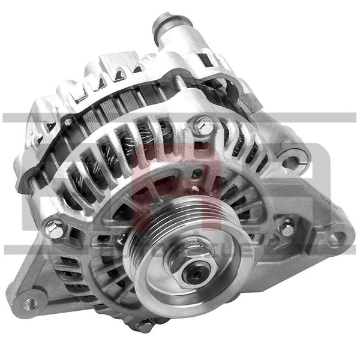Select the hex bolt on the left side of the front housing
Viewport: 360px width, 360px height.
tap(55, 227)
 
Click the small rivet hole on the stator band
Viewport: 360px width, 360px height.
tap(68, 122)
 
